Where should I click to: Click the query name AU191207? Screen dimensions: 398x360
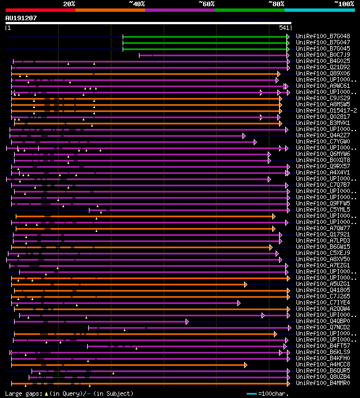21,18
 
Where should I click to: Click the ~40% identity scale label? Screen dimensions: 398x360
137,3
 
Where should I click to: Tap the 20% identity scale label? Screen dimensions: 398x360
69,3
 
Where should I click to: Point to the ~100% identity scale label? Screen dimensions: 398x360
344,3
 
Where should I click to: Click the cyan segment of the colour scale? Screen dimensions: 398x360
319,10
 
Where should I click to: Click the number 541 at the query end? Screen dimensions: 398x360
284,28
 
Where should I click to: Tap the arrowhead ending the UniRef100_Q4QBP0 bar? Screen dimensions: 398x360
187,321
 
